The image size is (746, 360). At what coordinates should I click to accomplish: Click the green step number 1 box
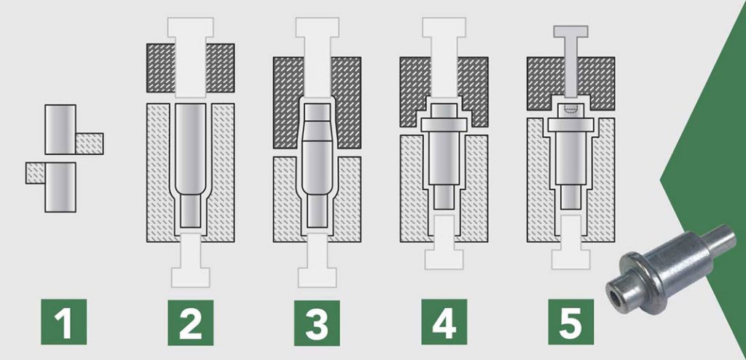click(64, 321)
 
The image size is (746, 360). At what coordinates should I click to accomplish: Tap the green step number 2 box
click(190, 322)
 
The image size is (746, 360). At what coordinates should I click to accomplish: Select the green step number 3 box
click(317, 322)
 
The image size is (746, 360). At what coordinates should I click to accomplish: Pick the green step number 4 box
click(444, 321)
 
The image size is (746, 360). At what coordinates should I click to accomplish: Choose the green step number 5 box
click(571, 321)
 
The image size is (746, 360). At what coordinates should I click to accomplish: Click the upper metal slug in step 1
click(60, 130)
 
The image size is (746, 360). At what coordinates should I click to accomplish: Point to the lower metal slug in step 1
click(60, 187)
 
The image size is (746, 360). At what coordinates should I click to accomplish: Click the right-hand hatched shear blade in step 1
click(90, 144)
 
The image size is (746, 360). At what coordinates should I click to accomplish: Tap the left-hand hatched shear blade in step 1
click(36, 173)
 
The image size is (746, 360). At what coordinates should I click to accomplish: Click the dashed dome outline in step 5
click(570, 109)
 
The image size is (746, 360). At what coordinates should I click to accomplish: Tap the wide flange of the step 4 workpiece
click(444, 125)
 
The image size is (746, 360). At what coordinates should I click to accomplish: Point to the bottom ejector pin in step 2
click(190, 260)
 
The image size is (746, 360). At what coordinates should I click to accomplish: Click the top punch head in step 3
click(317, 28)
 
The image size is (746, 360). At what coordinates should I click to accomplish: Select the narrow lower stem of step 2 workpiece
click(190, 213)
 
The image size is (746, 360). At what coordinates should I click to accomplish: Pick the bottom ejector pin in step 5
click(570, 243)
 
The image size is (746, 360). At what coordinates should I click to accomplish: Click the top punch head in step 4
click(444, 28)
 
